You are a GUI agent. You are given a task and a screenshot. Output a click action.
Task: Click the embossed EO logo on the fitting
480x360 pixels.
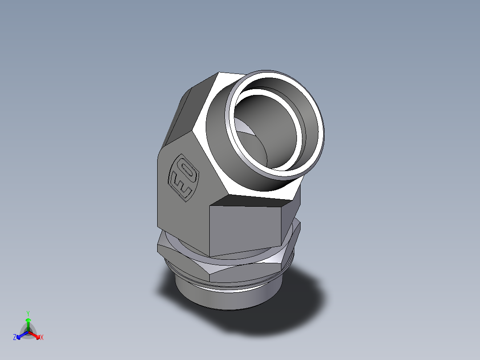click(x=182, y=177)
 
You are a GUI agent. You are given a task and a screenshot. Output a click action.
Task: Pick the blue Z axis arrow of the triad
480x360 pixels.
click(x=20, y=335)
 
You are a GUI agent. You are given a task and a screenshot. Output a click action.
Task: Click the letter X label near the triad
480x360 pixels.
click(x=42, y=338)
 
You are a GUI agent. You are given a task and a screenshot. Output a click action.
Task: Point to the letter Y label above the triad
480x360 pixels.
click(x=28, y=313)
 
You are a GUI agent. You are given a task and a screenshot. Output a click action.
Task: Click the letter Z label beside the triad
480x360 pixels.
click(x=15, y=337)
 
